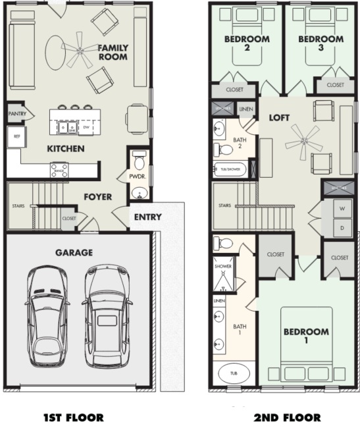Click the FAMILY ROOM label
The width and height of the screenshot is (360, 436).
tap(113, 53)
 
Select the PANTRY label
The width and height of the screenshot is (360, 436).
tap(16, 114)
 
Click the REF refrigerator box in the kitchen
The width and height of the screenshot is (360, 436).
tap(16, 137)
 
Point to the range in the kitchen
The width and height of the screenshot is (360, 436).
tap(59, 170)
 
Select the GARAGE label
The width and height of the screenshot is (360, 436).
tap(74, 252)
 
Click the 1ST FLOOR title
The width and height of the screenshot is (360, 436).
tap(74, 418)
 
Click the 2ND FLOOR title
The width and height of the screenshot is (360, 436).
tap(287, 418)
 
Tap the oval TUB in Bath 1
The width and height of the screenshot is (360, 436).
tap(233, 373)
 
